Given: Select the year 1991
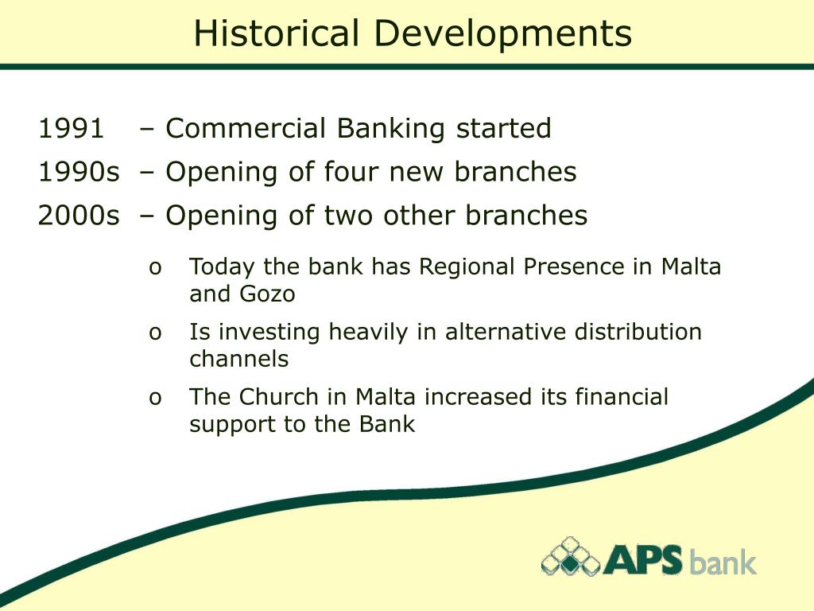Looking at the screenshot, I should pos(71,128).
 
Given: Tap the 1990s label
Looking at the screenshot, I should pos(78,172).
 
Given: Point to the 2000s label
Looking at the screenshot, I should pos(78,215).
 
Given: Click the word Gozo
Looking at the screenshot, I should pos(267,294).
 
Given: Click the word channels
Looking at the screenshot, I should pos(238,359).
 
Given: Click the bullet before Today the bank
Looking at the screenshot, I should pos(155,268).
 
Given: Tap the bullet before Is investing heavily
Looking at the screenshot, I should pos(155,333).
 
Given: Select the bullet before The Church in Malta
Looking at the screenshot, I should pos(155,398).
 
